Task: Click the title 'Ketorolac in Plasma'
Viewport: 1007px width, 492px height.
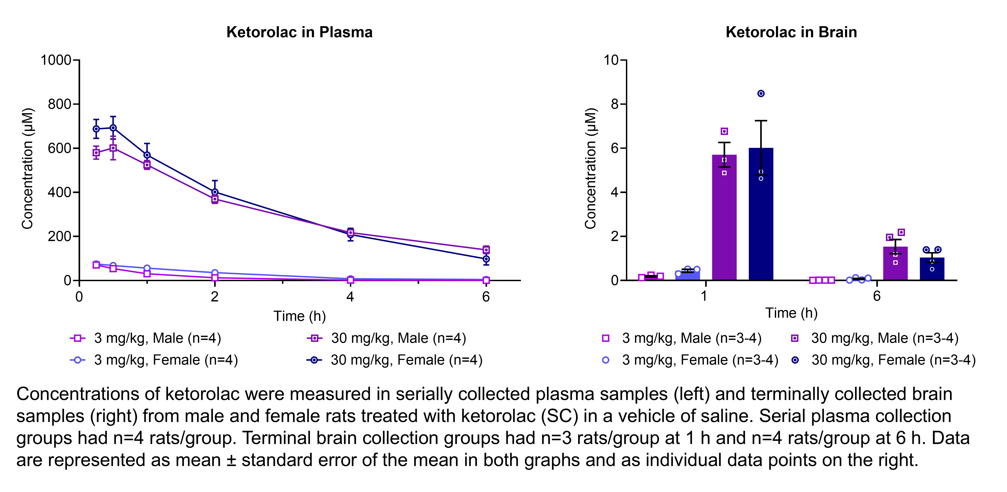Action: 299,32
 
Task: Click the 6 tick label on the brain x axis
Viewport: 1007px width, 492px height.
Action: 876,296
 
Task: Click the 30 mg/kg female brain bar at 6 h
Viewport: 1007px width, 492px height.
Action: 932,271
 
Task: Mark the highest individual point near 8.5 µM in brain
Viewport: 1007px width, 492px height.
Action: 761,93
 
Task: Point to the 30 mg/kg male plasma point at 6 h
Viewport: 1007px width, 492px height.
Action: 486,250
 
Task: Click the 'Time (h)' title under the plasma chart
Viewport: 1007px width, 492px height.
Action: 299,316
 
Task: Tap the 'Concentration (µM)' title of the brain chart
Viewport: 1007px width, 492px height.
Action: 590,169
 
